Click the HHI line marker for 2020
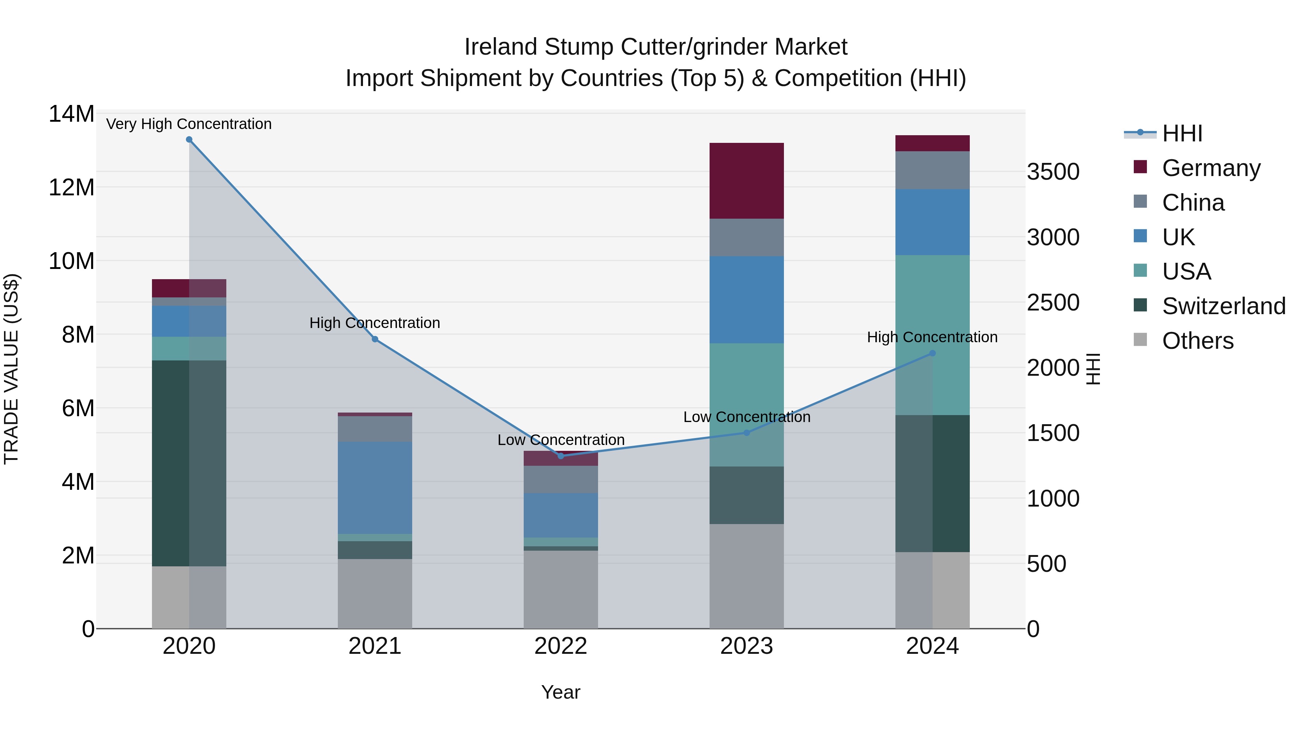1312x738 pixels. (189, 140)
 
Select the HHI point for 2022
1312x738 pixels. (561, 456)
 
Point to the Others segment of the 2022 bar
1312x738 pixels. (561, 589)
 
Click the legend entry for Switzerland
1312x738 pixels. (1223, 306)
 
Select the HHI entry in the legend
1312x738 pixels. (1182, 133)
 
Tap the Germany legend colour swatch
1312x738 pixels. (1140, 167)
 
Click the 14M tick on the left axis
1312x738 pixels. (71, 114)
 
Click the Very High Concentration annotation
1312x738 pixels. (189, 124)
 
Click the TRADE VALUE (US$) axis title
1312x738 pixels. (11, 369)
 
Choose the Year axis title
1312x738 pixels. (561, 692)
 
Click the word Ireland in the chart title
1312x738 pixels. (501, 47)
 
